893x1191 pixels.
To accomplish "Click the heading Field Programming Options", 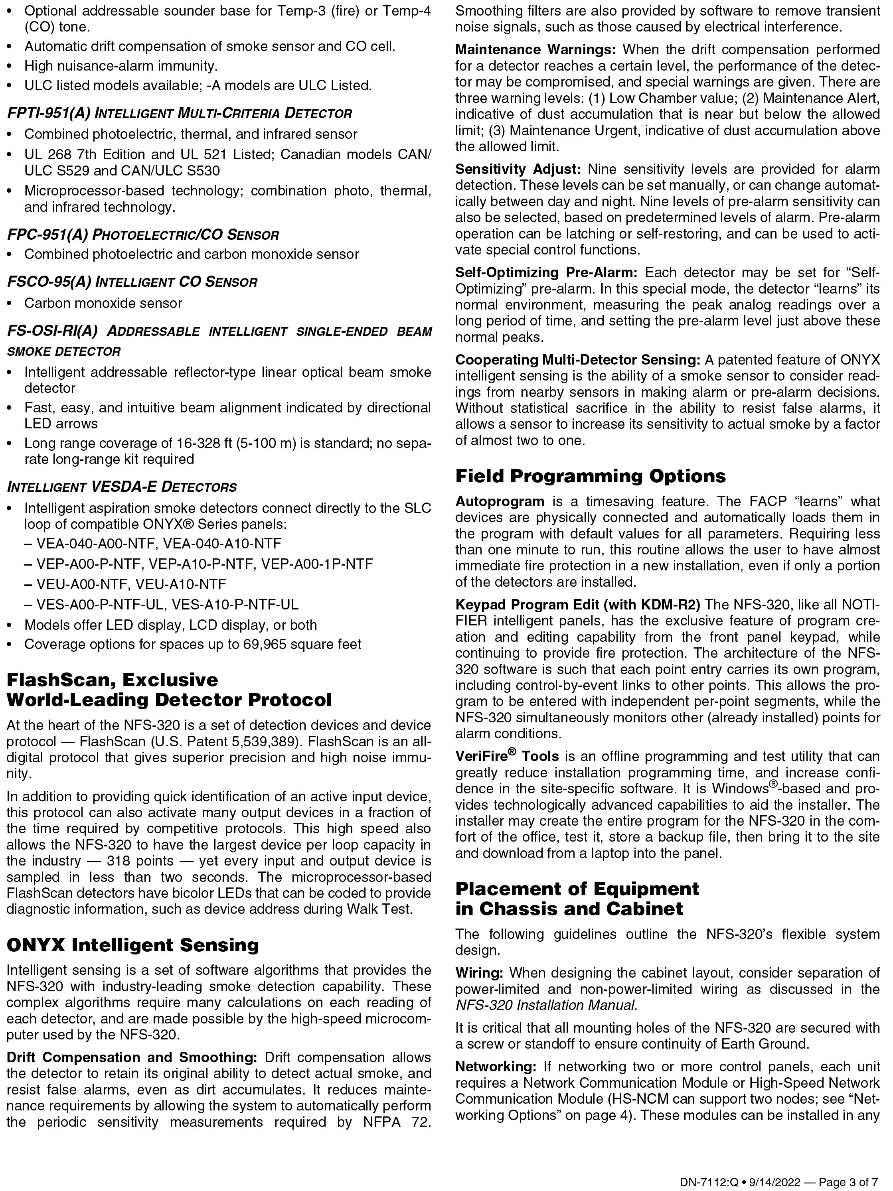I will tap(590, 476).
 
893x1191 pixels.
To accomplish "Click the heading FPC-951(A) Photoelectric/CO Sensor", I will tap(143, 235).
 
